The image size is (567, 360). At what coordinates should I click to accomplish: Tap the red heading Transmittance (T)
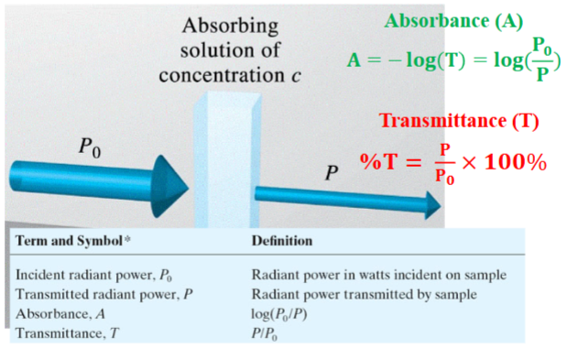click(x=459, y=120)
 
